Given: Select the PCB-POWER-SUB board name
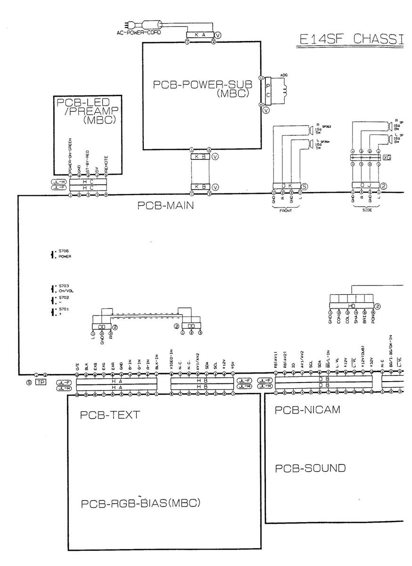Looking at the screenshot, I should pyautogui.click(x=202, y=88).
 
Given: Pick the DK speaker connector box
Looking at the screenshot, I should pyautogui.click(x=287, y=187).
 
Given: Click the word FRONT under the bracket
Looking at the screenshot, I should pyautogui.click(x=286, y=211).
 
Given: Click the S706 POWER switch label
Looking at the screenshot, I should pyautogui.click(x=64, y=255).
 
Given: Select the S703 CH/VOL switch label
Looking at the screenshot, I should pyautogui.click(x=65, y=289).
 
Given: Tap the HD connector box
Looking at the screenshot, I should pyautogui.click(x=352, y=306).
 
